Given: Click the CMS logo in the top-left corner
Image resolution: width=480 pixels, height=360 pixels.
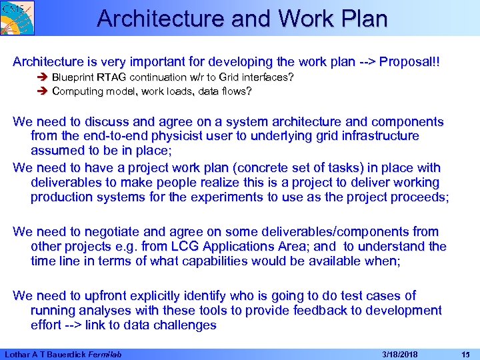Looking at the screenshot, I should click(17, 17).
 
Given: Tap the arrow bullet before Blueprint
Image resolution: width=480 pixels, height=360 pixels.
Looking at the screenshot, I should click(44, 77).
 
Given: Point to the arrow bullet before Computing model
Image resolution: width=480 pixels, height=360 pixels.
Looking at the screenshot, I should click(44, 91).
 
